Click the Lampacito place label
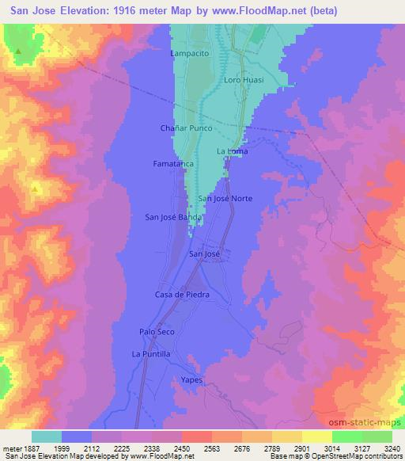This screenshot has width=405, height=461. (x=190, y=53)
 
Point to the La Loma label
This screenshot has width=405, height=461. (x=232, y=150)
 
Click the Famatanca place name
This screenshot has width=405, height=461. (x=168, y=163)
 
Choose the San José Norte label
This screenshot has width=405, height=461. (x=225, y=198)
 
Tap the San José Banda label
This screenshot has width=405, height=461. (x=168, y=216)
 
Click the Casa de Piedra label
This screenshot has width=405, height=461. (x=180, y=294)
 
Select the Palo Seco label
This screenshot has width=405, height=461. (x=156, y=333)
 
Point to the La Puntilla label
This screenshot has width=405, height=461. (x=151, y=353)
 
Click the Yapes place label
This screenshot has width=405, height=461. (x=192, y=380)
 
